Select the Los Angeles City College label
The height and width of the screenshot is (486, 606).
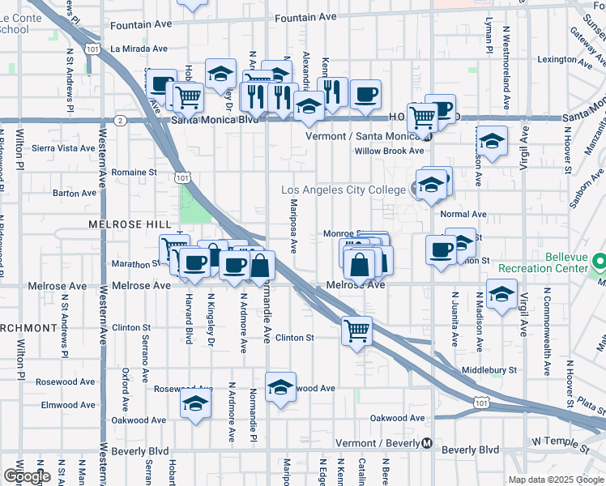tap(343, 190)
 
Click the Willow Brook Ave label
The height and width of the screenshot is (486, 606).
tap(390, 151)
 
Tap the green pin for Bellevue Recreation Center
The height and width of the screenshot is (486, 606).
tap(600, 262)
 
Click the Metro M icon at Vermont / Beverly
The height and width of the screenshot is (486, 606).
tap(426, 443)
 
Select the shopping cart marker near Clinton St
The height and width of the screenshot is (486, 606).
tap(356, 330)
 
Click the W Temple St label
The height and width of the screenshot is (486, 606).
tap(559, 442)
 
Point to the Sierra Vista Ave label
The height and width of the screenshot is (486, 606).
tap(63, 148)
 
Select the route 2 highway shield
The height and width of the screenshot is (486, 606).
tap(120, 120)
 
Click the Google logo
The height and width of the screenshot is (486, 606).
tap(27, 476)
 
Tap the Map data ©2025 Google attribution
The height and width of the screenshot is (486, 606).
tap(556, 480)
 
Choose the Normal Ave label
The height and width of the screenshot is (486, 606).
tap(463, 215)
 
